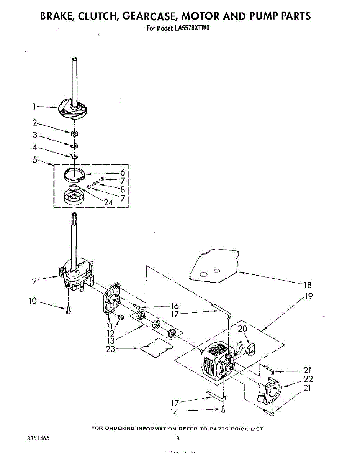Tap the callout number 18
308,285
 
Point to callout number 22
308,379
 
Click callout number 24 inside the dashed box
108,202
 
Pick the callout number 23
110,349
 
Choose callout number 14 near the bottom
175,412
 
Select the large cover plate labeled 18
214,264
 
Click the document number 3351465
38,438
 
